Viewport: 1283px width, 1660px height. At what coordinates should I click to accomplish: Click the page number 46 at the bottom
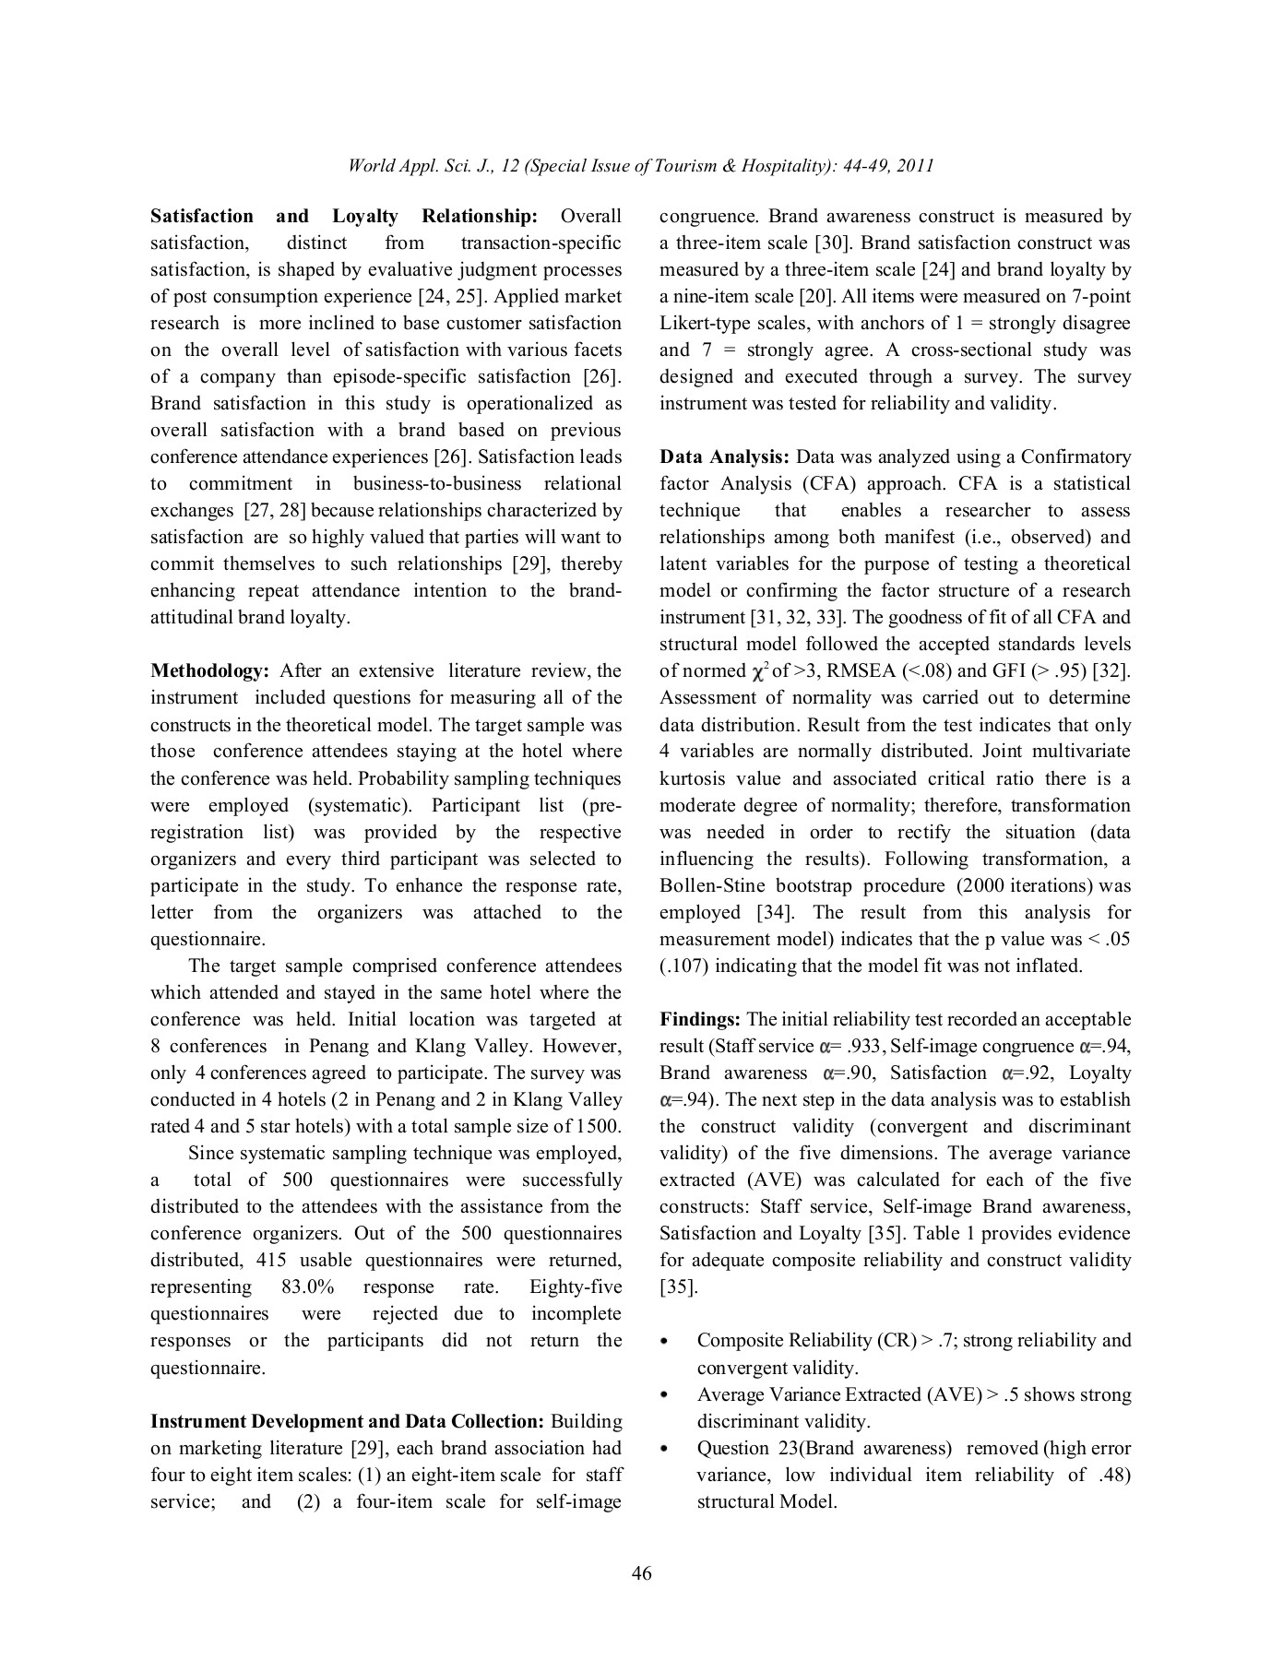tap(641, 1573)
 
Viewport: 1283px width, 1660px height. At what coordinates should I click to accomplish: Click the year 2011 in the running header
tap(915, 166)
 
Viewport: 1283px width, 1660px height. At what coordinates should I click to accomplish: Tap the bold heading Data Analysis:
tap(724, 456)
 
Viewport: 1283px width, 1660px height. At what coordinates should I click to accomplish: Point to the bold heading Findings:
tap(700, 1019)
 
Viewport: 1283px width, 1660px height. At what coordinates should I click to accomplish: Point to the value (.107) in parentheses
tap(683, 966)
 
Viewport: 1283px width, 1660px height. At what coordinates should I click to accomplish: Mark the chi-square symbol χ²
tap(759, 670)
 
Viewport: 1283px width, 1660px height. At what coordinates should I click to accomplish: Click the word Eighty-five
tap(576, 1286)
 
